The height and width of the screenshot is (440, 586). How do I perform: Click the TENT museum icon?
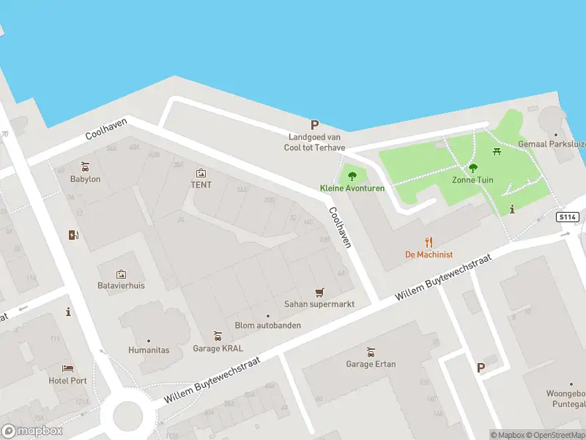coord(201,173)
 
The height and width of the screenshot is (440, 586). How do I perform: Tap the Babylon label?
coord(85,179)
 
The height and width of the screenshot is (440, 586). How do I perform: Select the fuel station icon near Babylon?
coord(73,235)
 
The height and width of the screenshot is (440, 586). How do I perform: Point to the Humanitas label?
coord(148,350)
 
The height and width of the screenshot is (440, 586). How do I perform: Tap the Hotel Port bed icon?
coord(68,368)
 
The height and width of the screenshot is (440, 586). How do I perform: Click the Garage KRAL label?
coord(218,348)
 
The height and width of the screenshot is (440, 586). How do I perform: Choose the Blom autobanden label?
coord(267,326)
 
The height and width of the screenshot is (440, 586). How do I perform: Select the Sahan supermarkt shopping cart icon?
coord(319,293)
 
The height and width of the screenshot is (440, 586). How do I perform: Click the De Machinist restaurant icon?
coord(429,242)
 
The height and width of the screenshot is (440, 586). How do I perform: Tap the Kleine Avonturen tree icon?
coord(352,176)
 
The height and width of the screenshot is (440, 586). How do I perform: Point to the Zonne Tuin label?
coord(472,180)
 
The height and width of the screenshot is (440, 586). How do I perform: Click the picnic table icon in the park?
coord(497,152)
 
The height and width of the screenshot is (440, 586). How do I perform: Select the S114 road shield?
coord(567,217)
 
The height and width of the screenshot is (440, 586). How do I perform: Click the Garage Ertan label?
coord(371,364)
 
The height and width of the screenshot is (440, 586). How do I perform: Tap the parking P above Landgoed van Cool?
coord(315,125)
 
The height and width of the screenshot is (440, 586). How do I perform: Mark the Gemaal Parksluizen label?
coord(552,144)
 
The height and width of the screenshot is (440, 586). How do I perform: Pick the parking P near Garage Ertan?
coord(481,368)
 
